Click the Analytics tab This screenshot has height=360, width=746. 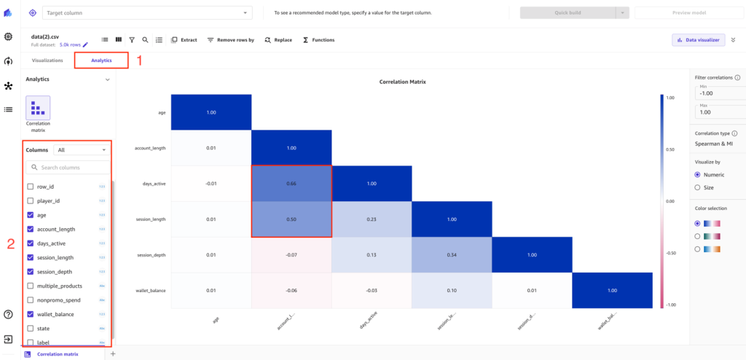point(101,60)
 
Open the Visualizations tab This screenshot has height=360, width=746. point(47,60)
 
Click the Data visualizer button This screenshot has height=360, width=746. point(698,40)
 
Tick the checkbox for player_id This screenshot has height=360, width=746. point(30,200)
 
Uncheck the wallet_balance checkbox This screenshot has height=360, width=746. point(30,314)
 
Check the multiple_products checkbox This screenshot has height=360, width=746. point(30,286)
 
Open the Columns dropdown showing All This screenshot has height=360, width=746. point(81,149)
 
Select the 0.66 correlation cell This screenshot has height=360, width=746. point(291,184)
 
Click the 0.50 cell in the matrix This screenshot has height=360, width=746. point(291,219)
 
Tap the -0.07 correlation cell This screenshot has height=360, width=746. point(291,255)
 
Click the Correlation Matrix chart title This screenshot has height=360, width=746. point(402,82)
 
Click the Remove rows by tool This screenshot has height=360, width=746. point(230,40)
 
